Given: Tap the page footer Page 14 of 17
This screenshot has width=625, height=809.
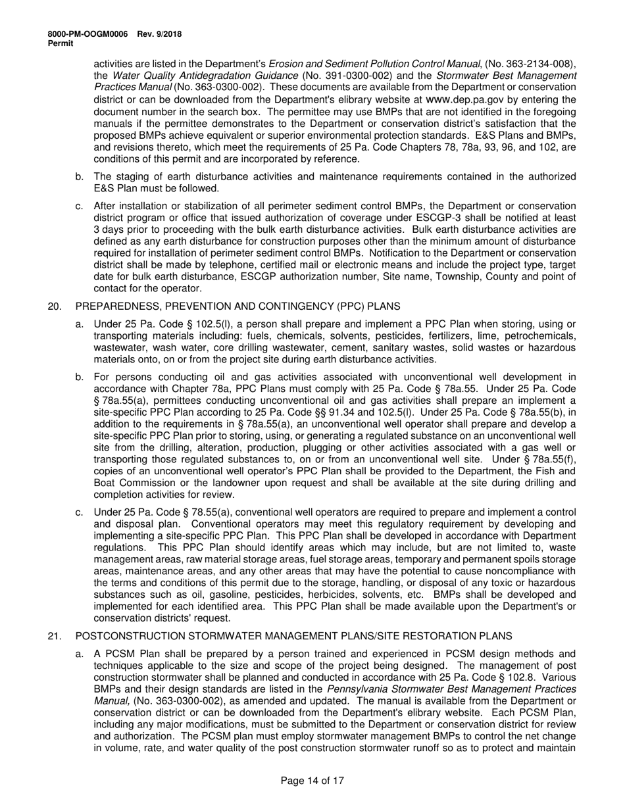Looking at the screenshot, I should coord(312,781).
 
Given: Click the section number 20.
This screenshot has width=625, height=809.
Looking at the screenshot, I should coord(55,306).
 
